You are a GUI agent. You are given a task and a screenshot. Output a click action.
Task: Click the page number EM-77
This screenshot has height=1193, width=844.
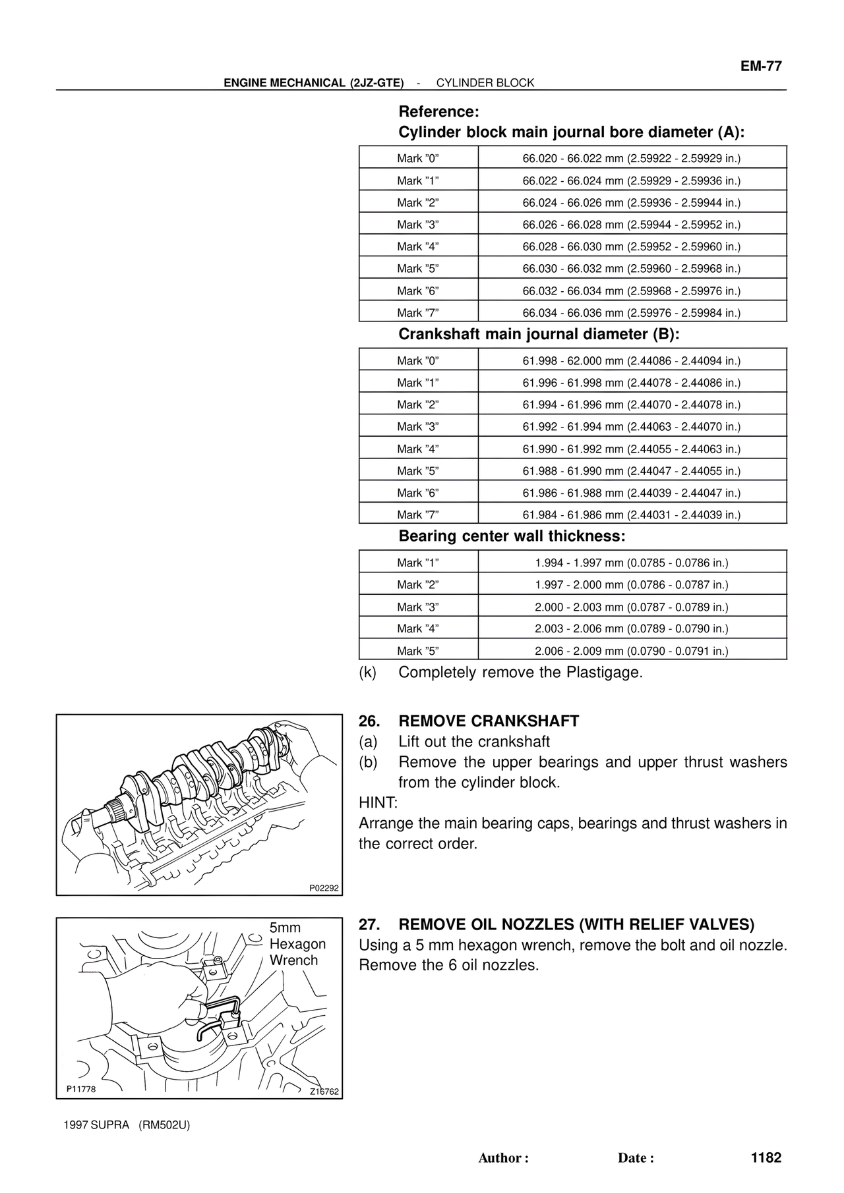[x=760, y=67]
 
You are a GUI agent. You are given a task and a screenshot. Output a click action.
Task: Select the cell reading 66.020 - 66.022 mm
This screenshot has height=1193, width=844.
[x=632, y=159]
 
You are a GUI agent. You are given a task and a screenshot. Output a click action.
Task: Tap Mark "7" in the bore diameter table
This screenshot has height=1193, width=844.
[x=417, y=313]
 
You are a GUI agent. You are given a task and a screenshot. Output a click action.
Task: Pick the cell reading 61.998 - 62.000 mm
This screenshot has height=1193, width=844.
[x=632, y=361]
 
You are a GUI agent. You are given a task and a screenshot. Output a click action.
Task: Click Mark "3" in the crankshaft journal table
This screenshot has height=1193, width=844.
[x=417, y=427]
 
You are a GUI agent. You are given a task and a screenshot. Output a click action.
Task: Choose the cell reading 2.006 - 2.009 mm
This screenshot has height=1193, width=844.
[x=632, y=651]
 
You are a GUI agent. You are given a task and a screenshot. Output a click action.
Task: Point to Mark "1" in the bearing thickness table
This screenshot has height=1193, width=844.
[x=417, y=563]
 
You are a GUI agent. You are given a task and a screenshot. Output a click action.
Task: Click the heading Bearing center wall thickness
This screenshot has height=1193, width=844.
[x=511, y=536]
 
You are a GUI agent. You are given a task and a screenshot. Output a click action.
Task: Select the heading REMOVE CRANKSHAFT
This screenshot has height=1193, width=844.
[x=489, y=721]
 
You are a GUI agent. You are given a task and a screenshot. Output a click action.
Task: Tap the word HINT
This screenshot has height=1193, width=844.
[x=378, y=803]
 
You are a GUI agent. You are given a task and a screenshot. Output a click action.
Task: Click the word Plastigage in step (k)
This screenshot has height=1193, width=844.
[x=603, y=673]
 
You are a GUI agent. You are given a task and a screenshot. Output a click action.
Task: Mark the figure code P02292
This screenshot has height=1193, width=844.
[x=324, y=888]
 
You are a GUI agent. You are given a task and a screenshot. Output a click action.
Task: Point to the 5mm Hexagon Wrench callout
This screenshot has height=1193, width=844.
[x=297, y=944]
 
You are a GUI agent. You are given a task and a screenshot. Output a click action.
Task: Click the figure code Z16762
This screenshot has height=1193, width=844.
[x=324, y=1092]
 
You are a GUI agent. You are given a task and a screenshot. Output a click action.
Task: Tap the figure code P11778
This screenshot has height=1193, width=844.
[x=81, y=1089]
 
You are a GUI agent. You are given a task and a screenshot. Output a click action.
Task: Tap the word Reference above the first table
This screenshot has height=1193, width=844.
[x=438, y=111]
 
